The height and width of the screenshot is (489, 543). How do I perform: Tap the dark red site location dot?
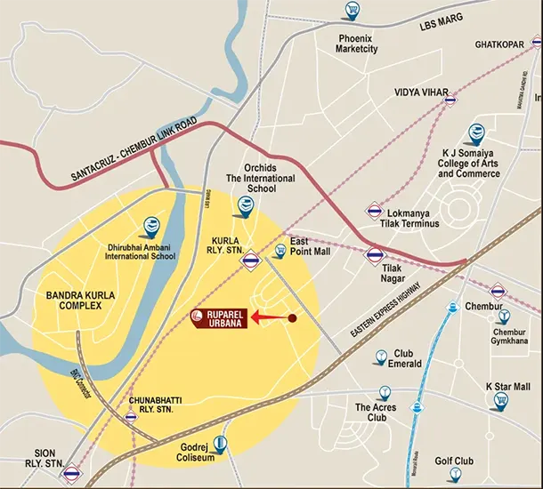click(291, 317)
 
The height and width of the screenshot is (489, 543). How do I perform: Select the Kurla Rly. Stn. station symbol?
click(252, 261)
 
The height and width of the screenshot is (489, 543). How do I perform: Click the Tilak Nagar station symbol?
click(373, 255)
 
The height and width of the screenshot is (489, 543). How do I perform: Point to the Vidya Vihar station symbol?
click(451, 100)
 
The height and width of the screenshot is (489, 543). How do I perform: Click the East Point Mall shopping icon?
click(281, 251)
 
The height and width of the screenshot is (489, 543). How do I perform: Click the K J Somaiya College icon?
click(476, 134)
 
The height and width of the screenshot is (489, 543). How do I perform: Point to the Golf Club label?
click(454, 461)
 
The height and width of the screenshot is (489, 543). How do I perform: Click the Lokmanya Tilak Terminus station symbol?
click(375, 211)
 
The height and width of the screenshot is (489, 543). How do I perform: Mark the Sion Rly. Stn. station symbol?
click(72, 474)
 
